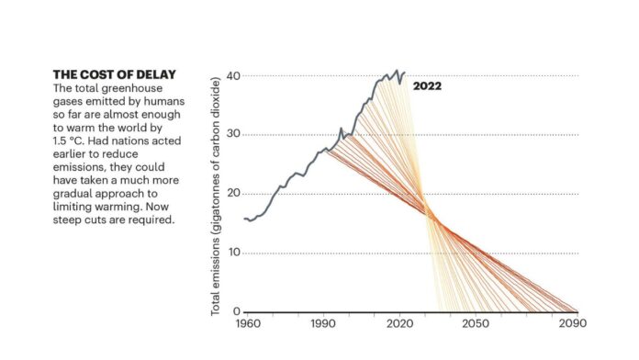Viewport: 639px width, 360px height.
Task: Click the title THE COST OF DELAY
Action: [x=115, y=74]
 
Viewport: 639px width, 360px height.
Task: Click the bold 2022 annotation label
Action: [x=427, y=86]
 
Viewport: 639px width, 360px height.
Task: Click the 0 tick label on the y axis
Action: [x=237, y=311]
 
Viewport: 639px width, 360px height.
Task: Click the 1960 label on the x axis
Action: [x=248, y=323]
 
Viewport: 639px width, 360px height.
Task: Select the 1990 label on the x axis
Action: [x=323, y=323]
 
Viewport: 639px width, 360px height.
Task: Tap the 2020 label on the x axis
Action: [x=399, y=323]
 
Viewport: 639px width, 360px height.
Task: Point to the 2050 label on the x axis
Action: [x=476, y=323]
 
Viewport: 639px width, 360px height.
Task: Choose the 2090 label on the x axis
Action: [x=573, y=323]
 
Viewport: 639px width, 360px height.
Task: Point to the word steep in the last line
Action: [x=65, y=220]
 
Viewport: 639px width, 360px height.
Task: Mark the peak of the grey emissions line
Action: [x=397, y=70]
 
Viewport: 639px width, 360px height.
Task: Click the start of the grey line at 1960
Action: [x=244, y=219]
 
